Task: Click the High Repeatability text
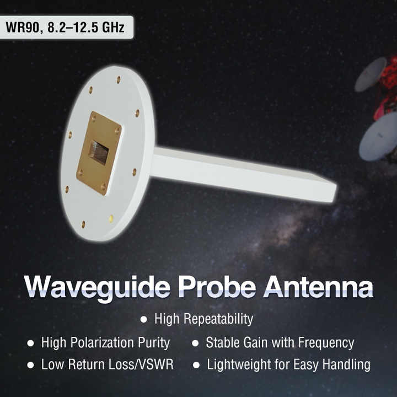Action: click(203, 319)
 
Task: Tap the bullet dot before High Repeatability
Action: click(144, 319)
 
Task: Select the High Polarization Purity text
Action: click(105, 342)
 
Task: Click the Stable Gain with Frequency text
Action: click(280, 342)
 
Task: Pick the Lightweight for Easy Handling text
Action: click(288, 364)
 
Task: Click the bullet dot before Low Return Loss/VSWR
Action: click(30, 365)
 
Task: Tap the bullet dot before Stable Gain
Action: click(195, 343)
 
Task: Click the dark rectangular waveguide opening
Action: click(98, 152)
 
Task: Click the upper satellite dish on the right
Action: click(370, 74)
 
